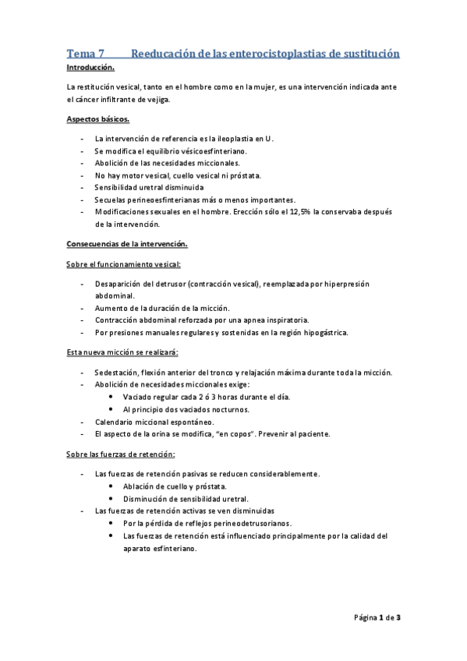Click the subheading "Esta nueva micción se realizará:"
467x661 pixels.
click(122, 352)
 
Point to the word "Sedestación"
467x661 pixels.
click(117, 372)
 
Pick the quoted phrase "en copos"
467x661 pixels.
click(249, 433)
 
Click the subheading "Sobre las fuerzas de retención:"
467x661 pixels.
click(121, 454)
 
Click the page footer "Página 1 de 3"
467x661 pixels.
click(377, 617)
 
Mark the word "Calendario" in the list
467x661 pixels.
click(115, 422)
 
